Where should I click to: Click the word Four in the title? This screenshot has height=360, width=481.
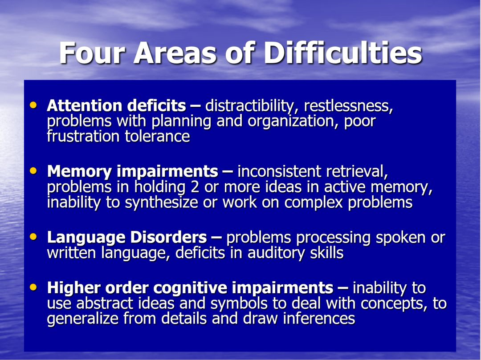pyautogui.click(x=92, y=53)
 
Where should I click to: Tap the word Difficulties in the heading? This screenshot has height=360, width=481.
pyautogui.click(x=343, y=53)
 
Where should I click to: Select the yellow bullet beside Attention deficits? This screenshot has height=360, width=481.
pyautogui.click(x=33, y=105)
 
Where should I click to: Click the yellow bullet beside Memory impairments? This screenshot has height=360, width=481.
pyautogui.click(x=33, y=171)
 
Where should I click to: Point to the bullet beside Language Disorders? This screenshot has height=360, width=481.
pyautogui.click(x=33, y=237)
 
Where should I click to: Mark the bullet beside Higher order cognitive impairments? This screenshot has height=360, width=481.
pyautogui.click(x=33, y=287)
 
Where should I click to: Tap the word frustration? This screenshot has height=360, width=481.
pyautogui.click(x=83, y=136)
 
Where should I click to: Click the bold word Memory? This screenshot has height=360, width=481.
pyautogui.click(x=79, y=172)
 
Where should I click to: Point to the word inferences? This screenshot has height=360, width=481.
pyautogui.click(x=319, y=318)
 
